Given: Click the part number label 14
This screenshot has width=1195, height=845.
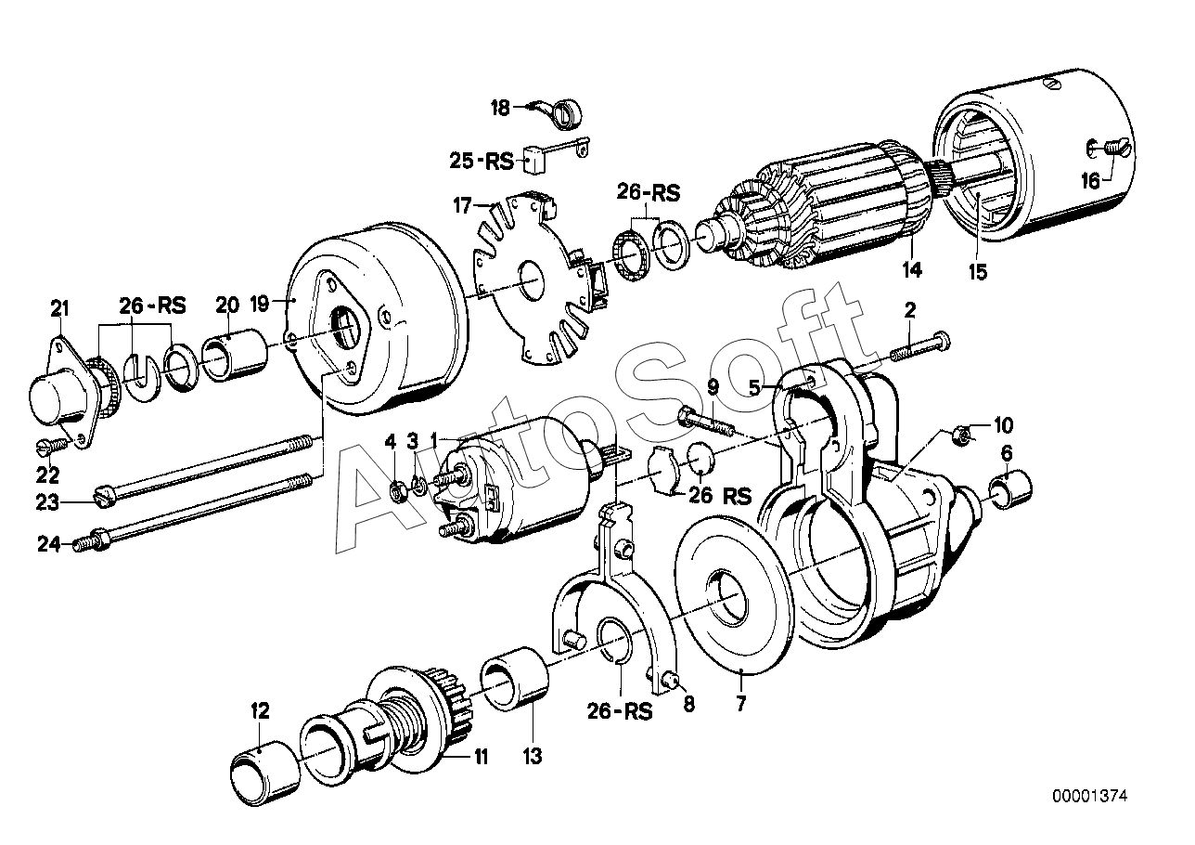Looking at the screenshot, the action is coord(912,269).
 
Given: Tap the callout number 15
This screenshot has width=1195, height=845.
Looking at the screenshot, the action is coord(979,272).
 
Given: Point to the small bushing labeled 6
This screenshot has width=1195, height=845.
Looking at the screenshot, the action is coord(1010,489).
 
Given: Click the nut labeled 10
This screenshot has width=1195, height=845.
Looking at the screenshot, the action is coord(961,434).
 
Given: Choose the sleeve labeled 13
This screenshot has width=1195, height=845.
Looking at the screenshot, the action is coord(515,679).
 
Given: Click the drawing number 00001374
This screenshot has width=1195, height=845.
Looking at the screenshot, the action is coord(1090,796).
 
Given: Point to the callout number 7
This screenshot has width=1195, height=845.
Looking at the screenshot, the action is coord(740,705).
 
